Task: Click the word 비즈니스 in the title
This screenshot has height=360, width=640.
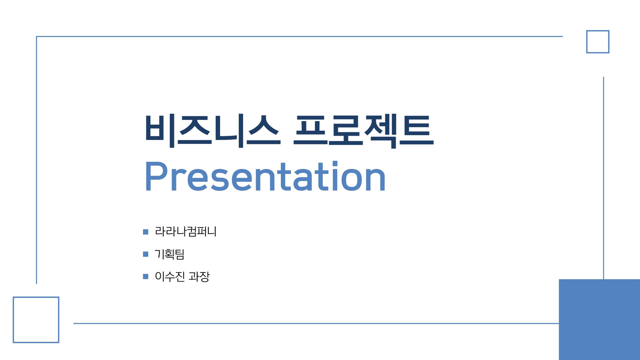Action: pos(212,131)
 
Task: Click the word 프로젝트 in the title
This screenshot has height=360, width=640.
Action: pos(364,131)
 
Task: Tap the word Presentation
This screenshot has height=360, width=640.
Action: pos(266,176)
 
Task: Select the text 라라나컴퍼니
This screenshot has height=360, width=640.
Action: pos(186,232)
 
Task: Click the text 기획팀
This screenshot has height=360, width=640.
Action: pos(170,254)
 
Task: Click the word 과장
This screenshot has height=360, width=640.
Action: pos(200,276)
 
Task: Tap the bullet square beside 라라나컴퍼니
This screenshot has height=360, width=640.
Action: pos(146,232)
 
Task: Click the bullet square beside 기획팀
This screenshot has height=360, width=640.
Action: pos(146,254)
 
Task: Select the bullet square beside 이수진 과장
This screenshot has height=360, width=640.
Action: pos(146,276)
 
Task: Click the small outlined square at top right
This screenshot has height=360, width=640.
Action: pos(598,31)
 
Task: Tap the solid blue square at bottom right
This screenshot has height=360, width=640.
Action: pos(600,320)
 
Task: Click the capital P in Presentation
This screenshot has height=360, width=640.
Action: pos(156,176)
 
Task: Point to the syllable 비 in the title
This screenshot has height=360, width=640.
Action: pos(160,131)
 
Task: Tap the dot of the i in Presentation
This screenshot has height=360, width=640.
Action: pos(335,164)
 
